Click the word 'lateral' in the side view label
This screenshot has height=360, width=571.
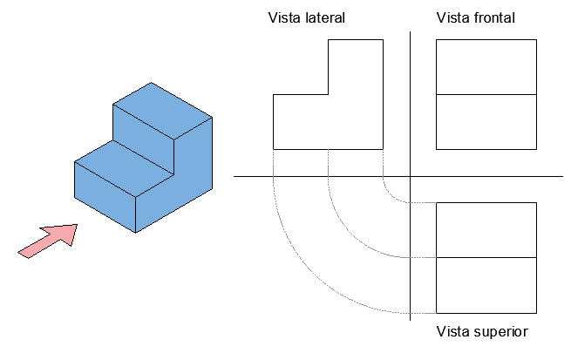point(323,17)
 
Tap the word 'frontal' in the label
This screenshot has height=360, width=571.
point(493,17)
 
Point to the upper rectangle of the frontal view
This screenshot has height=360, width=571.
point(485,66)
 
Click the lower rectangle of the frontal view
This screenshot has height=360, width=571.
point(485,121)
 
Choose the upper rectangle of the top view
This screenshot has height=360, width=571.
point(485,230)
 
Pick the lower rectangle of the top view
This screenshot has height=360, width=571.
point(485,285)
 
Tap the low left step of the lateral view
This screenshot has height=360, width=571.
point(301,121)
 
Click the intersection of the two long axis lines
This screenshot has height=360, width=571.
point(410,177)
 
